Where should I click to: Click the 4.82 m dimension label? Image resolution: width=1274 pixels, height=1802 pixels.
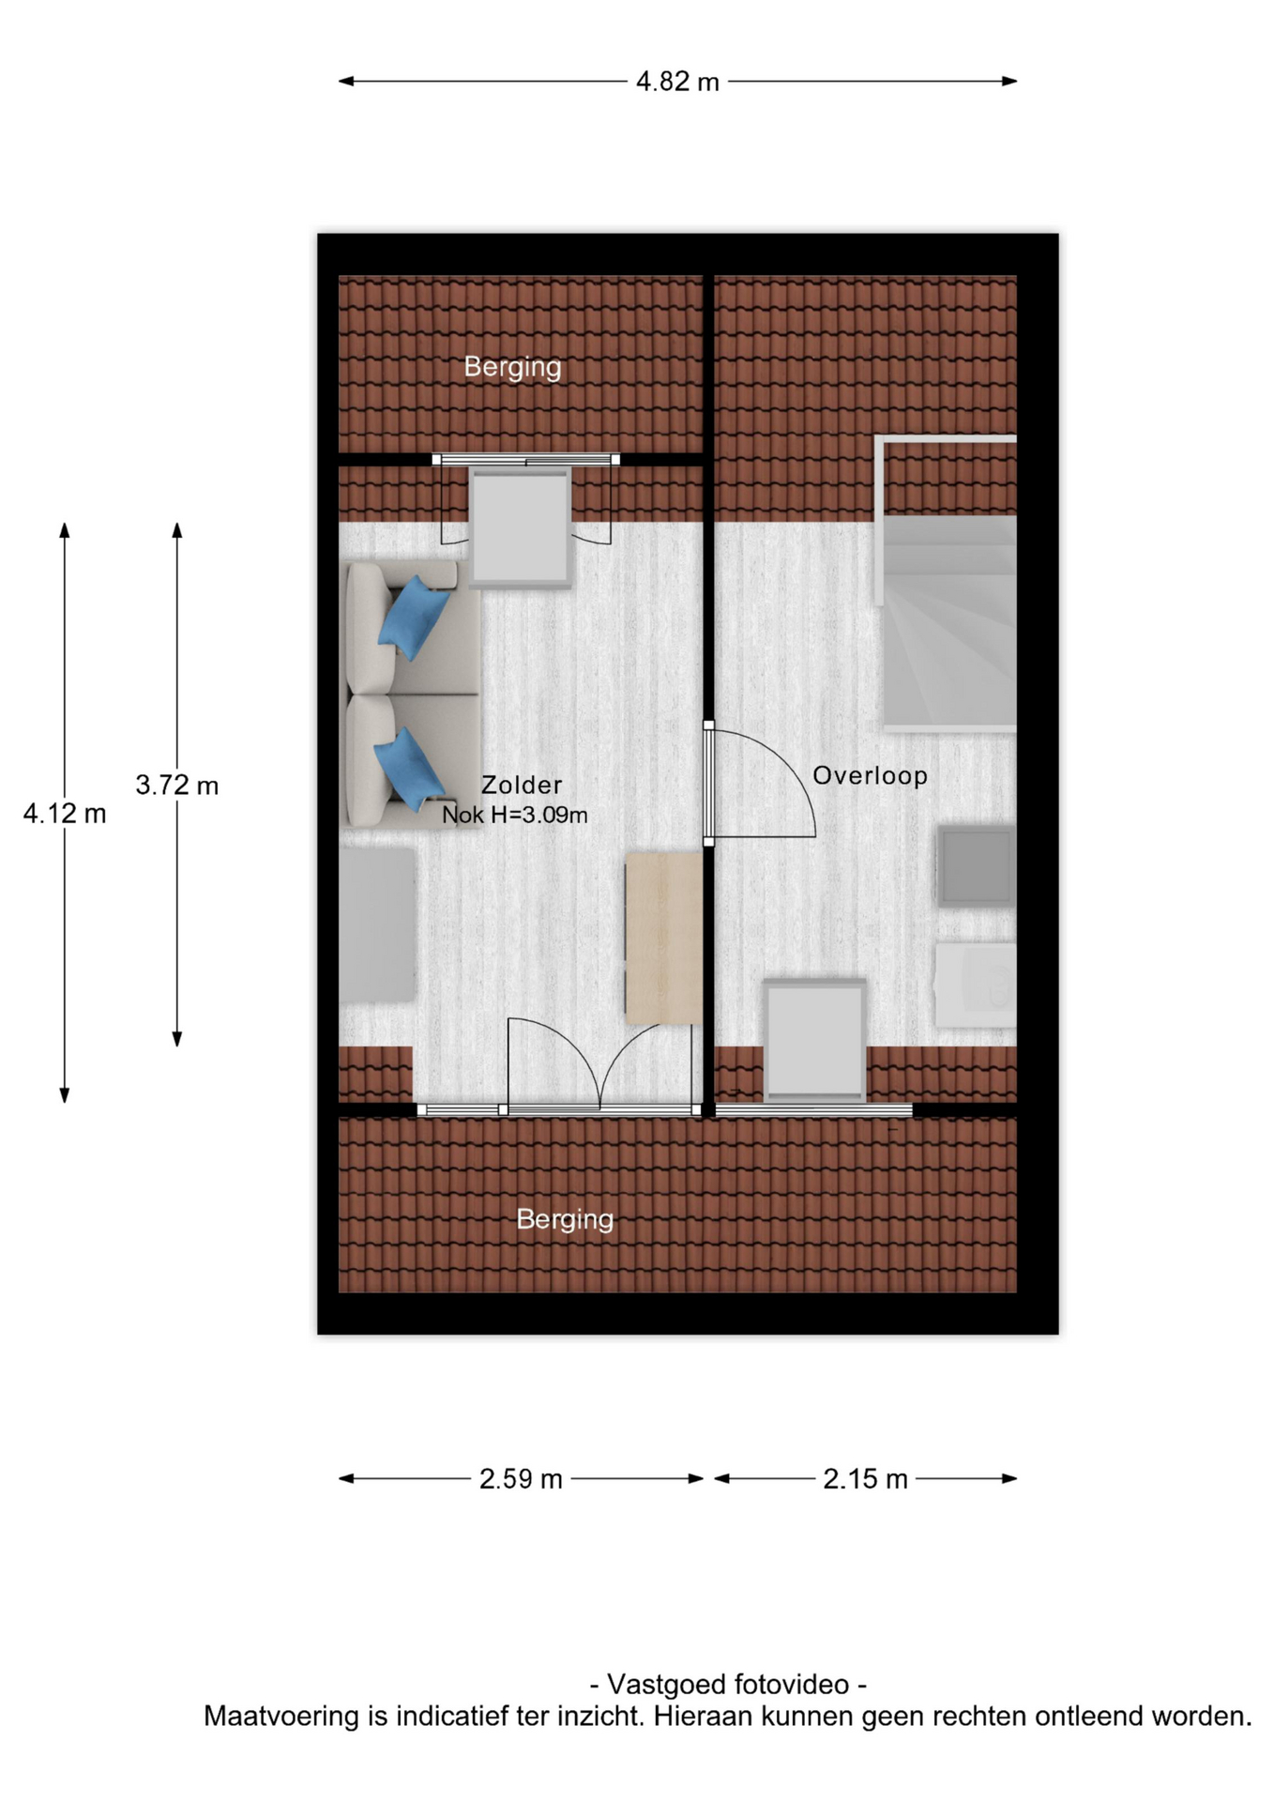(677, 82)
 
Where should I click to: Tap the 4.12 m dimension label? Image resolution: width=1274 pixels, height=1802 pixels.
(65, 814)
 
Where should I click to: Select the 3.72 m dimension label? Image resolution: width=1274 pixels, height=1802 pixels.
(177, 785)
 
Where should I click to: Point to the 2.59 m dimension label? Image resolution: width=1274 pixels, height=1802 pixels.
(521, 1479)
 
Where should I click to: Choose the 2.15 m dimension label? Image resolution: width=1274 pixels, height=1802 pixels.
(865, 1479)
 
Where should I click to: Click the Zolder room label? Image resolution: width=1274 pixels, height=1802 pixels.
(522, 785)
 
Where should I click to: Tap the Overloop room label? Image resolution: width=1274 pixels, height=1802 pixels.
(870, 775)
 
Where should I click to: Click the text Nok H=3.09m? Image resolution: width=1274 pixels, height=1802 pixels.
(515, 815)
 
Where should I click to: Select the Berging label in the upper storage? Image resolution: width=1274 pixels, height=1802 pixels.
(512, 367)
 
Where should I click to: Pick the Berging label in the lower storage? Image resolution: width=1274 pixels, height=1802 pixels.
(565, 1219)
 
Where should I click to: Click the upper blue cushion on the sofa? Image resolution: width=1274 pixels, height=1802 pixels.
(414, 615)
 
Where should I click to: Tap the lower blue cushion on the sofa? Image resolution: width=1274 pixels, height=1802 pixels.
(410, 768)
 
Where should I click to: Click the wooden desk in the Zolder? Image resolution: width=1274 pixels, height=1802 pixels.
(663, 938)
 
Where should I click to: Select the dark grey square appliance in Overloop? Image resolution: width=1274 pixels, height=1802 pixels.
(977, 866)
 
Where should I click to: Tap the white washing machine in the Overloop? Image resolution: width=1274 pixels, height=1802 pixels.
(975, 985)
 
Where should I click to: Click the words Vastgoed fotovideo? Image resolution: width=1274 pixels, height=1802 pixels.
(728, 1685)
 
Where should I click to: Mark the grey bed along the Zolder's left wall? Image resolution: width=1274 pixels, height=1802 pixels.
(377, 924)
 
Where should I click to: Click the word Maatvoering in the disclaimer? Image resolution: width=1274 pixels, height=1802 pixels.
(281, 1717)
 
